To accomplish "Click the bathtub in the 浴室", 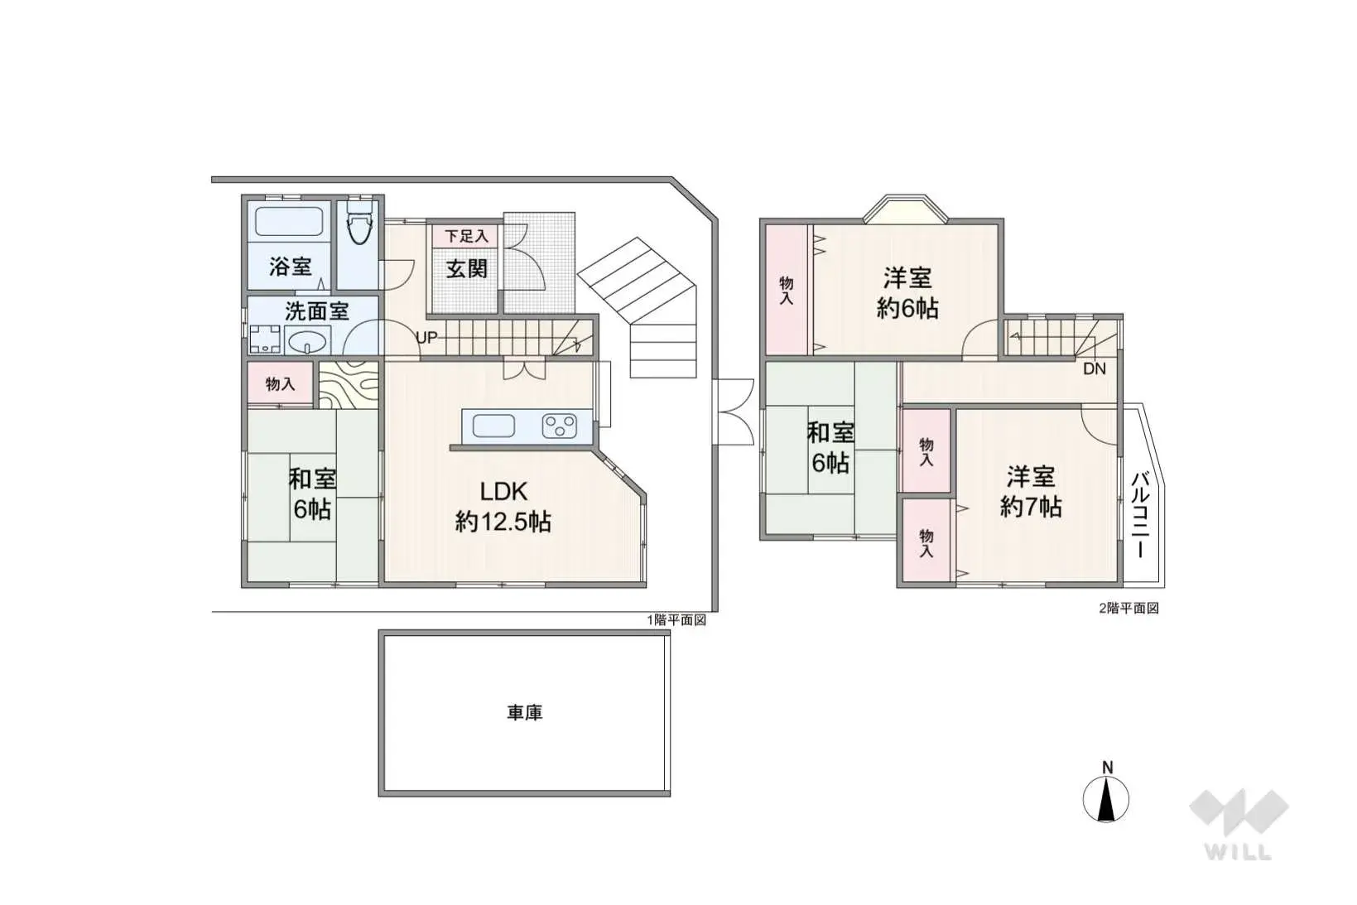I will [x=288, y=222].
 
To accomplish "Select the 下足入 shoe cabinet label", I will [x=466, y=236].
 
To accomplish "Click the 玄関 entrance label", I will [x=466, y=268].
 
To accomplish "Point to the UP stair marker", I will [x=426, y=338].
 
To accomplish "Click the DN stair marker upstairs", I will [x=1094, y=368].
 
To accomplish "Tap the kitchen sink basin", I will [x=493, y=426].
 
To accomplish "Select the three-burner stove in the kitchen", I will [x=559, y=426].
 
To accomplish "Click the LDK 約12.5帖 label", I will [x=503, y=507].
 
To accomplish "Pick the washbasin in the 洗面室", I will [x=308, y=340].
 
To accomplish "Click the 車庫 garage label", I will [x=524, y=712].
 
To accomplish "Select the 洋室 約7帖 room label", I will [x=1030, y=492].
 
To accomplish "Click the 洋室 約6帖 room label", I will [x=907, y=292].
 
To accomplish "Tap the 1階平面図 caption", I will [x=676, y=619].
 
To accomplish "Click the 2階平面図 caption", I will [x=1128, y=608].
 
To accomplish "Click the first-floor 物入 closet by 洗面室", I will [x=280, y=383].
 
